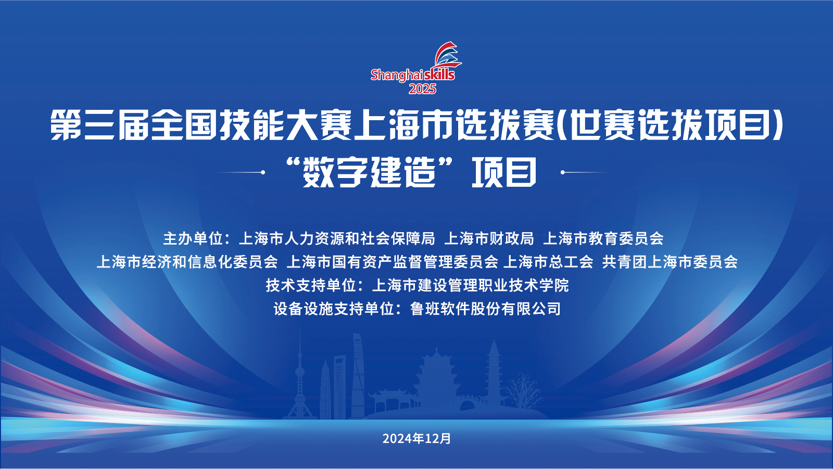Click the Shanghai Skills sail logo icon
(x=448, y=55)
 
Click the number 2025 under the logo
(x=422, y=89)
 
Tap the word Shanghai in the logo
(x=397, y=75)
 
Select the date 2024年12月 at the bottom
(x=416, y=438)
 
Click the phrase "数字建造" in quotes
(x=369, y=172)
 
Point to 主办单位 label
(x=193, y=238)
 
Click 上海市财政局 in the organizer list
(x=489, y=238)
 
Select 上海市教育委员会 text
(x=603, y=238)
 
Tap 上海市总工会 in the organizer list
(x=548, y=262)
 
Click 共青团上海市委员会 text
(x=670, y=262)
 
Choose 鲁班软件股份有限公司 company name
(x=485, y=309)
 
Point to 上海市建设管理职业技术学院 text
(x=470, y=285)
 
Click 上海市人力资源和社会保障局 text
(x=336, y=238)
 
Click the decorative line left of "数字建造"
(x=241, y=172)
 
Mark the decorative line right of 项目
(x=585, y=172)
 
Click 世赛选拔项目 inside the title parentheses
(x=670, y=125)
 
